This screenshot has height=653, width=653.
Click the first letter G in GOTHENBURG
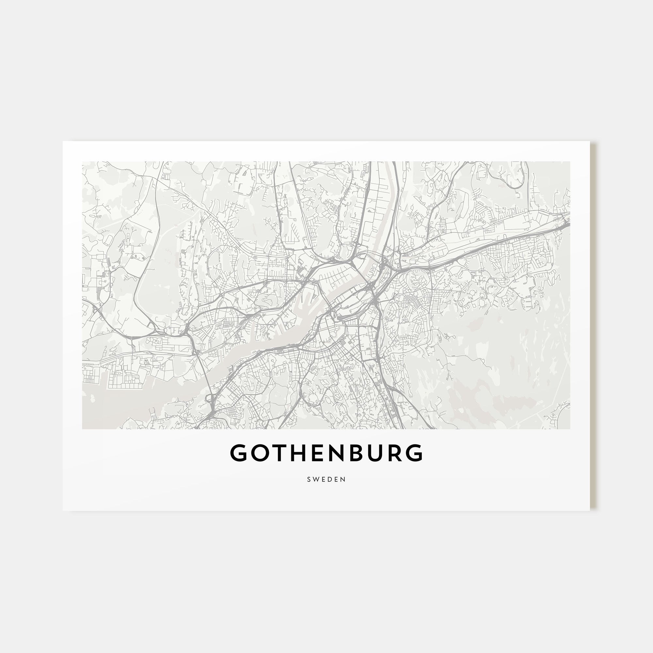point(239,453)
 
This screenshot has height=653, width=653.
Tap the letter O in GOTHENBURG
point(260,453)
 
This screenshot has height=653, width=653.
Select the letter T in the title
point(279,453)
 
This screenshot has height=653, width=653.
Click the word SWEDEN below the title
point(326,479)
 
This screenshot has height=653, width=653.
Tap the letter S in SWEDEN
point(309,479)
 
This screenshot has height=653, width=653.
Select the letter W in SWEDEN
point(316,479)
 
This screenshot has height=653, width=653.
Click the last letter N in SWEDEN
point(344,479)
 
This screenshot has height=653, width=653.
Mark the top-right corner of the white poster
point(590,141)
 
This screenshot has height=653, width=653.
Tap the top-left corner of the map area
point(82,162)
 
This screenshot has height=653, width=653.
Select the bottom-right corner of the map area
point(570,429)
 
